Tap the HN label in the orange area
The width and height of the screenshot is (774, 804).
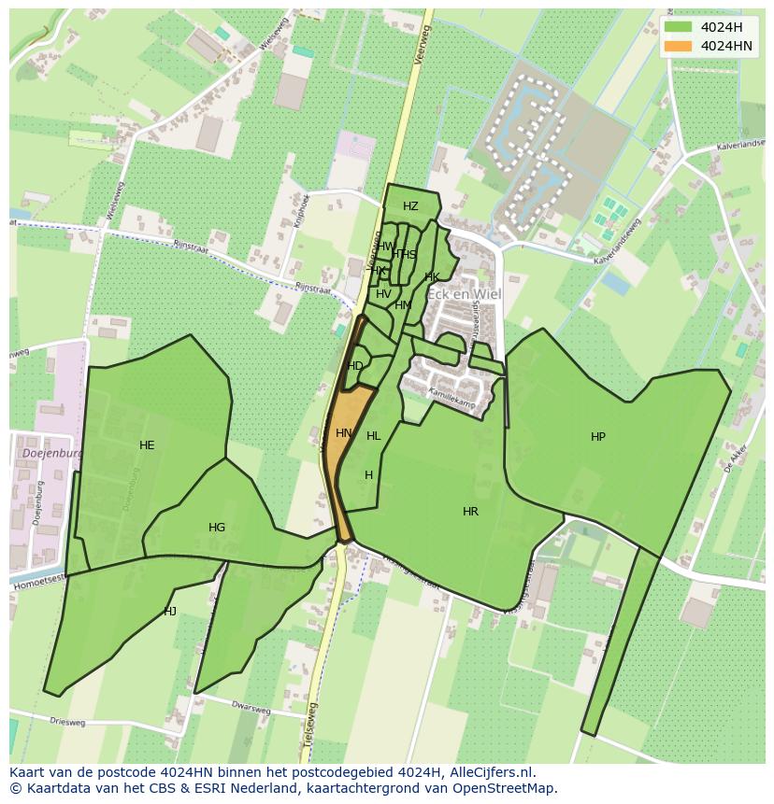(x=344, y=433)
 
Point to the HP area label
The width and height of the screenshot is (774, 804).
(x=598, y=437)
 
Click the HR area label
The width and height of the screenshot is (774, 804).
(x=470, y=512)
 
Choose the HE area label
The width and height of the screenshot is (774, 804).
(x=147, y=445)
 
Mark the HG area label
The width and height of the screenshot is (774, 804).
(x=217, y=528)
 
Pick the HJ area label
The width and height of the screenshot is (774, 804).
(x=170, y=612)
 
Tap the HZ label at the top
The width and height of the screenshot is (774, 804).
(x=410, y=206)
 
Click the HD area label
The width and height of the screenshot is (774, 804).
(x=355, y=366)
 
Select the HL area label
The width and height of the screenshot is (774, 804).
(x=374, y=436)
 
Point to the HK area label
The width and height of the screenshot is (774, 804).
(x=432, y=277)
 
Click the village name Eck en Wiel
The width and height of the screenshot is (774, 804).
(x=465, y=294)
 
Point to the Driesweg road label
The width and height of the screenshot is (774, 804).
(x=67, y=722)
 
